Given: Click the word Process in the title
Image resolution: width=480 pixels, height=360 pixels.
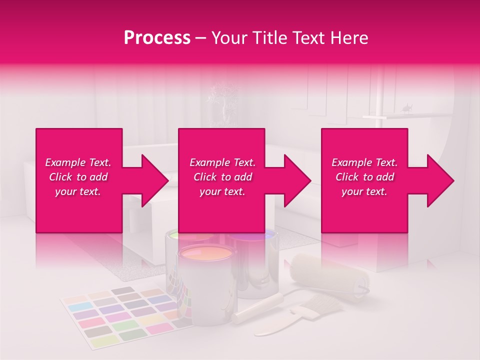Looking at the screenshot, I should pyautogui.click(x=157, y=38).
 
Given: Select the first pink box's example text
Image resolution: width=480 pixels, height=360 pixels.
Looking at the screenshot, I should pyautogui.click(x=78, y=177).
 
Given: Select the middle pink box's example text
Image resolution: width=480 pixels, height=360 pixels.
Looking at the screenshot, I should pyautogui.click(x=222, y=177).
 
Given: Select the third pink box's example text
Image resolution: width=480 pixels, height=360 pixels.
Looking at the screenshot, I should pyautogui.click(x=364, y=177).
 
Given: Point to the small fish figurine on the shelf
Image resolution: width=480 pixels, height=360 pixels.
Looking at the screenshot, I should pyautogui.click(x=406, y=107).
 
